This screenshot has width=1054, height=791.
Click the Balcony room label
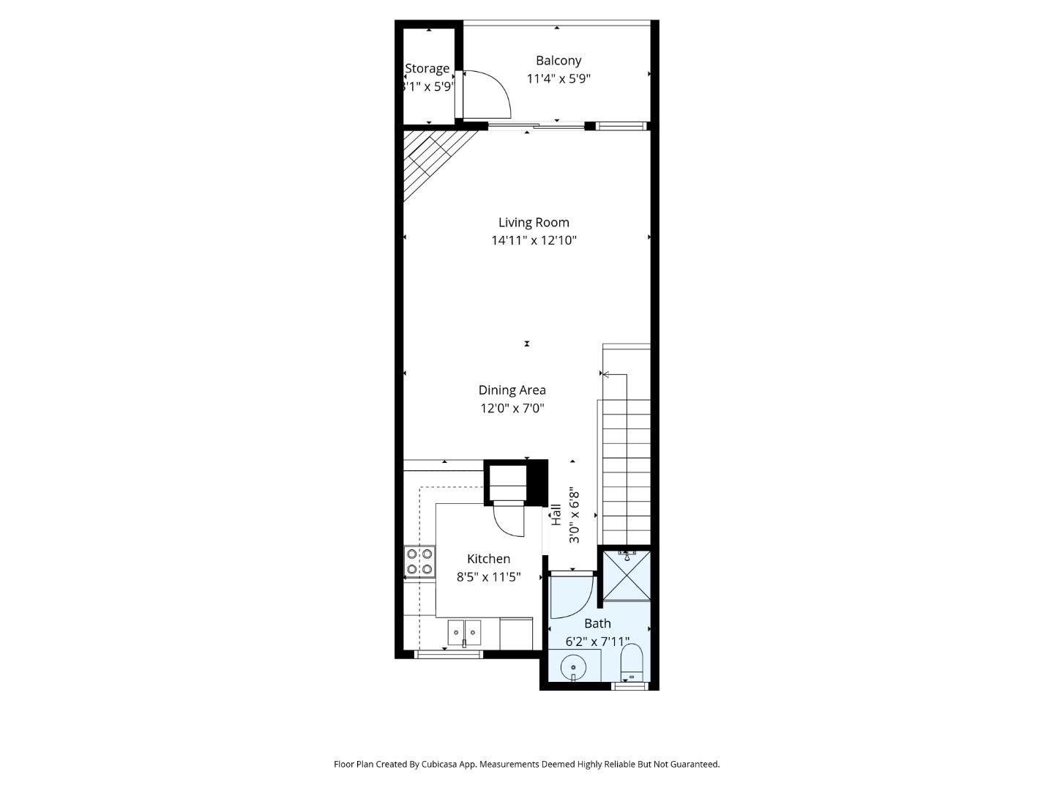click(x=558, y=61)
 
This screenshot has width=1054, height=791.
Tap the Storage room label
click(x=427, y=68)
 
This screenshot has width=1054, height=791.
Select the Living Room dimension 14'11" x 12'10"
click(x=534, y=240)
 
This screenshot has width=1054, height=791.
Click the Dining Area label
click(x=512, y=390)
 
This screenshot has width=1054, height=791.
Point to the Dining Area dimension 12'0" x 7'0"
click(x=512, y=409)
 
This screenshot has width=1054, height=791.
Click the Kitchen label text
click(x=488, y=559)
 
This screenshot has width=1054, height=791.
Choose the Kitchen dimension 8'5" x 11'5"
click(x=488, y=577)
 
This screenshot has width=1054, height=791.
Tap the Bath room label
click(x=597, y=623)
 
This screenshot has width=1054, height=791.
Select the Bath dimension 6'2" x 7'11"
click(x=597, y=642)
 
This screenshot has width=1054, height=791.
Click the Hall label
click(x=556, y=514)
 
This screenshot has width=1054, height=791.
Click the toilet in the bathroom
click(x=631, y=663)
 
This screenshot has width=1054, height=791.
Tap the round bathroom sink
click(x=573, y=668)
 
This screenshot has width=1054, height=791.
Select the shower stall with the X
click(x=624, y=576)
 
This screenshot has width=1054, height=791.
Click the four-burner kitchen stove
click(x=419, y=561)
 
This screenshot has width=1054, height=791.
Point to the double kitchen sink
click(x=464, y=632)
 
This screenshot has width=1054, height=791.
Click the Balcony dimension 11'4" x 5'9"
click(x=558, y=78)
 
